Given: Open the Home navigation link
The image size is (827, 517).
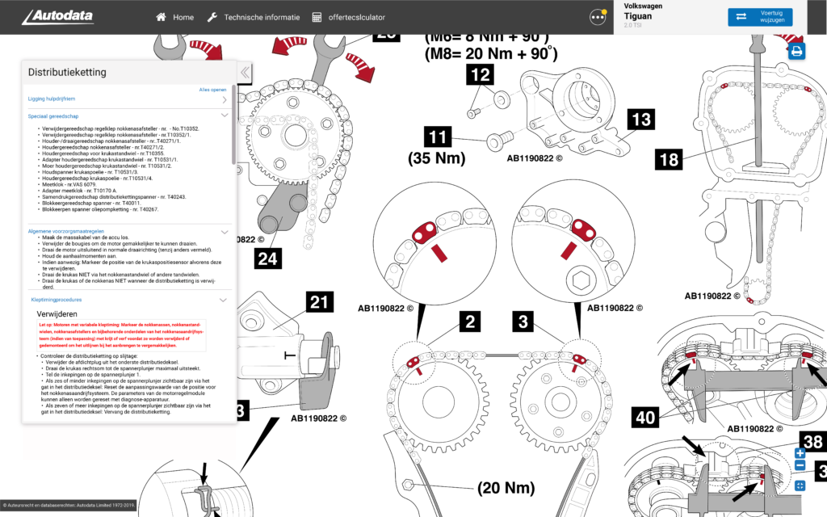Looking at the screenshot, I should (175, 17).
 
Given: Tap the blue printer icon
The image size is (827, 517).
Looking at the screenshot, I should (797, 52).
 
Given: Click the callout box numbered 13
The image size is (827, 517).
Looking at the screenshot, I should (640, 120).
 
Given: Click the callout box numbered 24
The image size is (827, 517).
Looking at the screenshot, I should (271, 258).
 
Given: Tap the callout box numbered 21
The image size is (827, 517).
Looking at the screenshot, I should (320, 304).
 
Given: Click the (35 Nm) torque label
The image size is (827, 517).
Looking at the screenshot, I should (437, 158).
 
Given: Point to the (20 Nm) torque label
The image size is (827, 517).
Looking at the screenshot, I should (506, 487).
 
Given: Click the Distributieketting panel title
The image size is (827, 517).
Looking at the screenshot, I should (67, 72).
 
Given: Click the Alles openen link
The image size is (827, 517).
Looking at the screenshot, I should (212, 90).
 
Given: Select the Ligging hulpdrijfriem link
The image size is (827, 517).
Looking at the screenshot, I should (52, 99).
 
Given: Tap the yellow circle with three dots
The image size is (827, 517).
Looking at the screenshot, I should (598, 17).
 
